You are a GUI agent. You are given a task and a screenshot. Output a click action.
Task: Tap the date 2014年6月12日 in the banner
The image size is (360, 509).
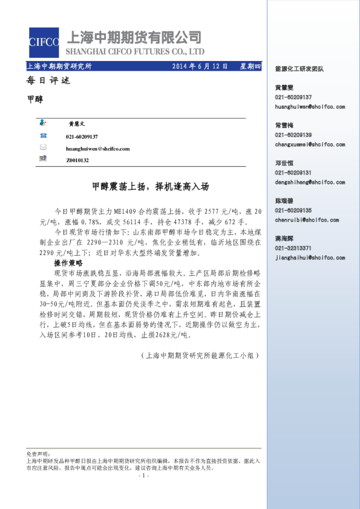pyautogui.click(x=200, y=66)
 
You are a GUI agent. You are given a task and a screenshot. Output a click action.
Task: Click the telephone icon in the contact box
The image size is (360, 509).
pyautogui.click(x=43, y=137)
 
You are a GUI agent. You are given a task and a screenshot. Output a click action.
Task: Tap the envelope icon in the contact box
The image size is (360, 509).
pyautogui.click(x=43, y=148)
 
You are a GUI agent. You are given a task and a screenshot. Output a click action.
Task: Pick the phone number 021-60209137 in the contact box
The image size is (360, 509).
pyautogui.click(x=82, y=137)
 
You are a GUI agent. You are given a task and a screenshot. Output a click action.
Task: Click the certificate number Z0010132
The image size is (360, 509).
pyautogui.click(x=77, y=160)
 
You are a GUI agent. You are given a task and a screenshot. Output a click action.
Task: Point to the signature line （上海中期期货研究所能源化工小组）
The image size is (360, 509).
pyautogui.click(x=199, y=356)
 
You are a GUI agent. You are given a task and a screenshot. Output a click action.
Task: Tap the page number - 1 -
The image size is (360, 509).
pyautogui.click(x=143, y=475)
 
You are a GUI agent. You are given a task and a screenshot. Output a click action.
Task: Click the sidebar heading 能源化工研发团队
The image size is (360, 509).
pyautogui.click(x=299, y=69)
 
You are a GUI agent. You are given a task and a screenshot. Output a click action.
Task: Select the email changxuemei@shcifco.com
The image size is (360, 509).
pyautogui.click(x=310, y=144)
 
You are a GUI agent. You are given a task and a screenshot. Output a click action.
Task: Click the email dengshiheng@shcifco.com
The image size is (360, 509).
pyautogui.click(x=310, y=181)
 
